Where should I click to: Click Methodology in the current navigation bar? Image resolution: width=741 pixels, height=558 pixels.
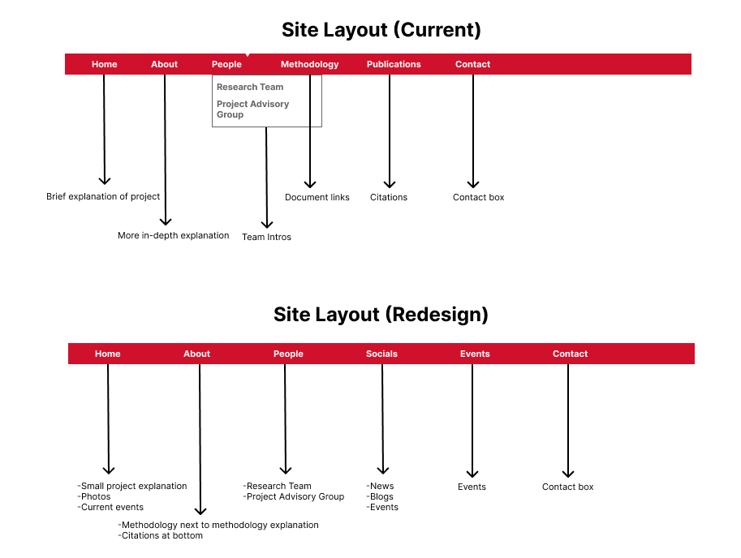click(309, 64)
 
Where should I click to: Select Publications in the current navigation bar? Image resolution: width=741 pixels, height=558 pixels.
click(394, 64)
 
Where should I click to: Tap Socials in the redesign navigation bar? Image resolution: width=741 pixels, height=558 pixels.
click(381, 354)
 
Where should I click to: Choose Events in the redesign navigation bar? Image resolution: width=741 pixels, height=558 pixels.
click(475, 354)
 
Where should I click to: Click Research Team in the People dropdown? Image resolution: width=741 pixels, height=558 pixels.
click(250, 87)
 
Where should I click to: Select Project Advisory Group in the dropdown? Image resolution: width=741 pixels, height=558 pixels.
click(253, 109)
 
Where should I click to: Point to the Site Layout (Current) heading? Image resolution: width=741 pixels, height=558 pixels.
click(381, 30)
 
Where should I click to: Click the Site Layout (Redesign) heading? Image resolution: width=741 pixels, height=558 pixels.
click(381, 315)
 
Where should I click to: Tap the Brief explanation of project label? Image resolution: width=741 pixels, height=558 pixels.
click(103, 196)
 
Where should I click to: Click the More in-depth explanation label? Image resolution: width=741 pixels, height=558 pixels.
click(174, 235)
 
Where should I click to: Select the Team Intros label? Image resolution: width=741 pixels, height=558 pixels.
click(266, 237)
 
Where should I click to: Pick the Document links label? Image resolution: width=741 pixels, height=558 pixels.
click(317, 197)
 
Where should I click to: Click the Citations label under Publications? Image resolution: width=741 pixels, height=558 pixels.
click(389, 197)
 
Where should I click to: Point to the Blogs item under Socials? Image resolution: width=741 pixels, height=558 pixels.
click(381, 496)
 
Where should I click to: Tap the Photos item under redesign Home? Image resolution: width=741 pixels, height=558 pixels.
click(94, 496)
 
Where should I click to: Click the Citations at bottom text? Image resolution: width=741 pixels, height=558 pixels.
click(161, 535)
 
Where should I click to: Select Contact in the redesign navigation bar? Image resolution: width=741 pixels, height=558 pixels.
click(570, 354)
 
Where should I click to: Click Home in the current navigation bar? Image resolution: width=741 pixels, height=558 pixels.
click(105, 64)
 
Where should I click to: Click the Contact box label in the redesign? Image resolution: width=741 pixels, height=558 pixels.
click(567, 487)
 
